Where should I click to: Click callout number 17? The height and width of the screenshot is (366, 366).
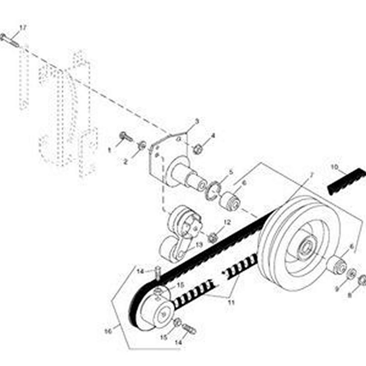[23, 28]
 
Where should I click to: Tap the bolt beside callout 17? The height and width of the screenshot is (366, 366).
[9, 40]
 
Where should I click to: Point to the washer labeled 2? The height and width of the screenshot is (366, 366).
[142, 145]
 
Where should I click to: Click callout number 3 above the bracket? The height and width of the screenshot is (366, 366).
[197, 122]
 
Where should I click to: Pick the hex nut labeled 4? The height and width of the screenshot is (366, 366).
[198, 149]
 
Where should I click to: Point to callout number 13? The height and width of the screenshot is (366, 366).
[199, 245]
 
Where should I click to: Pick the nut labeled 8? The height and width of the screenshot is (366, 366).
[362, 280]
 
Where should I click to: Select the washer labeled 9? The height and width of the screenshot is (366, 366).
[351, 274]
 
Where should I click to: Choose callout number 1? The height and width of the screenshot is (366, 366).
[109, 150]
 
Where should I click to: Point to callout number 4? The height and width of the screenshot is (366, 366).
[213, 136]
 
